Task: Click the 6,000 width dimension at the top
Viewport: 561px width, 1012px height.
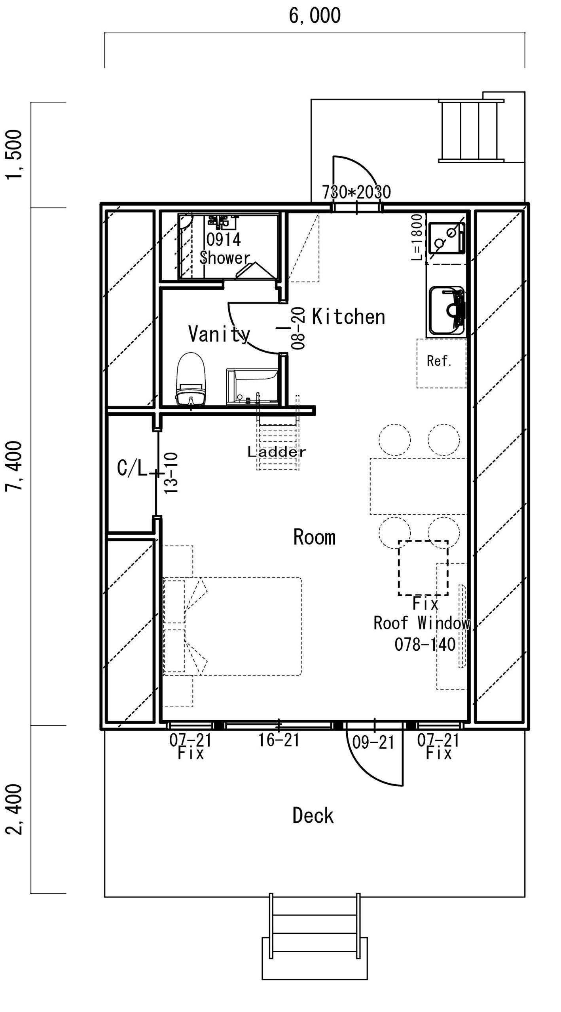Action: (315, 15)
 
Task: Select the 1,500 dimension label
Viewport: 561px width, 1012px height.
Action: (15, 154)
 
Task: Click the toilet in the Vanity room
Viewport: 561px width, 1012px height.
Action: (191, 379)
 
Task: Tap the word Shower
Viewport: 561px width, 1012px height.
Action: (225, 258)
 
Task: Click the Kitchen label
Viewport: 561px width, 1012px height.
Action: (349, 317)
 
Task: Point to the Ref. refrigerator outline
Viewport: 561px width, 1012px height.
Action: (441, 363)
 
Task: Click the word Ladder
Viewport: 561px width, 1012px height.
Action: (277, 452)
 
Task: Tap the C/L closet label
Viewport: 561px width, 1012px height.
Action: (132, 468)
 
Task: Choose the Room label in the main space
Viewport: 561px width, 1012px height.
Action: (315, 537)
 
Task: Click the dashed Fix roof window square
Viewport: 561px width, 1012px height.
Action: (423, 568)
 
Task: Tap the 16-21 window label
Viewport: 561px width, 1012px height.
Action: (279, 740)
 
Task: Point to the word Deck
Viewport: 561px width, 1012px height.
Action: (313, 816)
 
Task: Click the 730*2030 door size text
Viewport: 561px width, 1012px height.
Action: (356, 192)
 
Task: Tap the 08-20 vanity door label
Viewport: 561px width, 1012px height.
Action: (299, 328)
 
